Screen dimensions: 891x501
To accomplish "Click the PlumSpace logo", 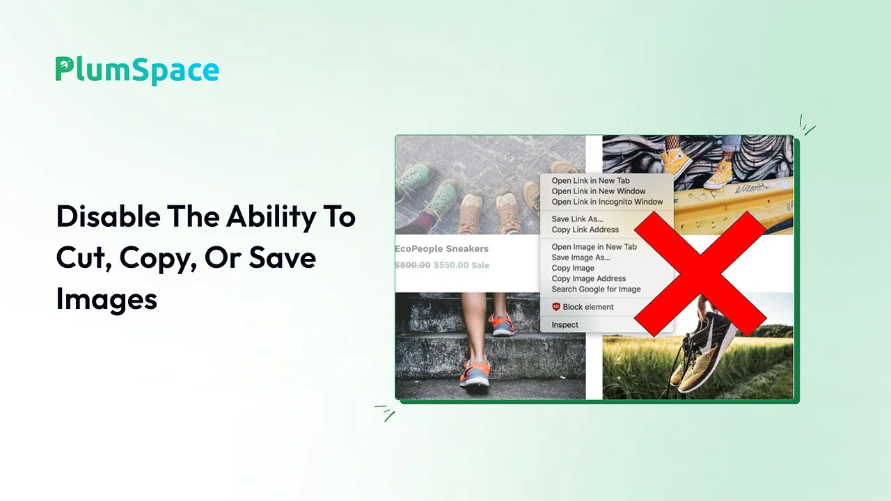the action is [x=137, y=70].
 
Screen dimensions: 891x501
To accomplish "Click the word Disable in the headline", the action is [x=108, y=216].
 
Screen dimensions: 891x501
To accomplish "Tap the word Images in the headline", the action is [x=107, y=299].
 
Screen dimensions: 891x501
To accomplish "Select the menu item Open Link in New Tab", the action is [x=590, y=180].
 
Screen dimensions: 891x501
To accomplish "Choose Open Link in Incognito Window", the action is [x=607, y=202].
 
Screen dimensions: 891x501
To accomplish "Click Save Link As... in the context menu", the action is [x=577, y=218].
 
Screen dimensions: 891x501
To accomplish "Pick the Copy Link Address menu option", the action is [x=585, y=230].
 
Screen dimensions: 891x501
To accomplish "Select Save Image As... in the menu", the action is [x=581, y=257].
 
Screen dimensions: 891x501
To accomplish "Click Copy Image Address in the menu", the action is [x=589, y=278].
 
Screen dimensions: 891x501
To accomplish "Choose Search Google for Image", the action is [x=596, y=289].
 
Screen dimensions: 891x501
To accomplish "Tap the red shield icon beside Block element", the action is [x=556, y=307].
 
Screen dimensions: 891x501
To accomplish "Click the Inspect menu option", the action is [x=565, y=325].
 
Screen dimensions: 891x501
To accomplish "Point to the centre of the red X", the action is [x=700, y=274].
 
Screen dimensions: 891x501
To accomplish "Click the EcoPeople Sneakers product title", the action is [x=442, y=248].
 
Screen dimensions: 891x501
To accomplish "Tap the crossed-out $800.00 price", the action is [x=413, y=265].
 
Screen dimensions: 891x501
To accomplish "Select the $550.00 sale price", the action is [x=451, y=265].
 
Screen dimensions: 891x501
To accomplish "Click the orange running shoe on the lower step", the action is [x=475, y=372].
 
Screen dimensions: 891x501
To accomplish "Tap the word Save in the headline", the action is [x=283, y=257].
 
